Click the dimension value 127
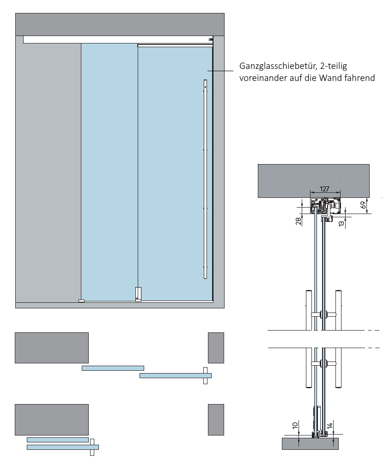coord(325,189)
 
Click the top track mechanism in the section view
coord(326,206)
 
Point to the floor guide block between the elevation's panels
coord(138,294)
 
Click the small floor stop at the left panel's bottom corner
coord(81,301)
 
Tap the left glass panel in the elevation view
coord(110,171)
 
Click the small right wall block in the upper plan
coord(216,347)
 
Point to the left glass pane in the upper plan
coord(113,368)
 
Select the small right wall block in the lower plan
coord(216,419)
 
